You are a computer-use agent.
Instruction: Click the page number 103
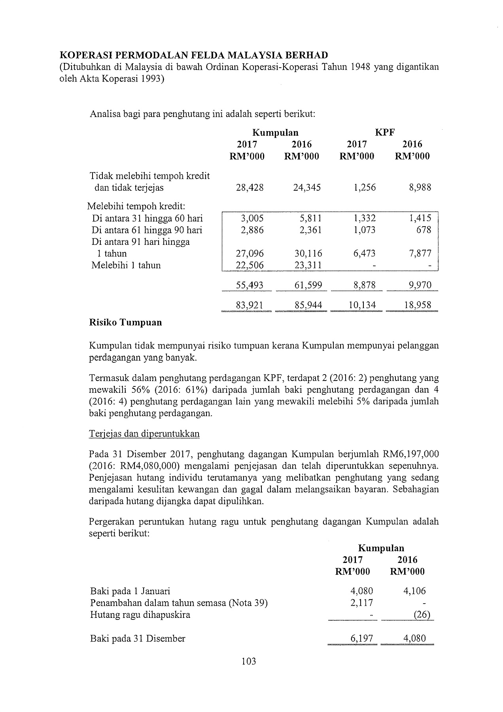coord(248,661)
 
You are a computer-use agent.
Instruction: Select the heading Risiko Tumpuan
coord(126,322)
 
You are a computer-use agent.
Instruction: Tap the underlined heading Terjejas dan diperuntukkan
coord(144,434)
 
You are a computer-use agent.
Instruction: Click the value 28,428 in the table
coord(250,187)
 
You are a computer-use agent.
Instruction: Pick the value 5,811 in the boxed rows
coord(311,218)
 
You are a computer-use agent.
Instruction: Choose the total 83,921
coord(250,305)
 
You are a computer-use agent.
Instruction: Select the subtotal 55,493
coord(250,285)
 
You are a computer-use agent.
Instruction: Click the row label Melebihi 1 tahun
coord(126,265)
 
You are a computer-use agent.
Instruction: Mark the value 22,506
coord(250,265)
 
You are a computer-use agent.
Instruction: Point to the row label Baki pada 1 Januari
coord(130,591)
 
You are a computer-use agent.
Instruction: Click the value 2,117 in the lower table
coord(362,603)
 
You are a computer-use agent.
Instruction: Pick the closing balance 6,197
coord(362,638)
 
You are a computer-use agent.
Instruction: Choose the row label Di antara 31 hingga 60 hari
coord(147,218)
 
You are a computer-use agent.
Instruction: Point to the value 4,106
coord(414,591)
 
